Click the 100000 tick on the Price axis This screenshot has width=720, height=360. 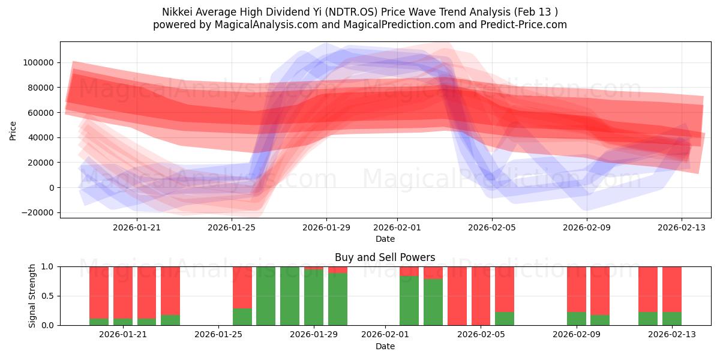[x=39, y=62]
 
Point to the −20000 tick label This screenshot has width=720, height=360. [x=37, y=213]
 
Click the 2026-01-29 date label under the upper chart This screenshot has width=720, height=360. [x=326, y=227]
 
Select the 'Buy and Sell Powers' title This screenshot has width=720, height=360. [x=385, y=257]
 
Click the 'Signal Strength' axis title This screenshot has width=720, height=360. [x=32, y=296]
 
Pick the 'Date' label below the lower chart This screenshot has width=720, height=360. [x=385, y=346]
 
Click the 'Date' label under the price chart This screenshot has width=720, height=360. [x=385, y=239]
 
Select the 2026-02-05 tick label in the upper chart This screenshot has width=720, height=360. [x=492, y=227]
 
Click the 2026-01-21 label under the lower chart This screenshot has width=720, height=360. [x=123, y=335]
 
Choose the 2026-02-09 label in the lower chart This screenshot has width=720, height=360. [x=576, y=335]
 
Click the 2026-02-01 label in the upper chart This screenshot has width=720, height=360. [x=397, y=227]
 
